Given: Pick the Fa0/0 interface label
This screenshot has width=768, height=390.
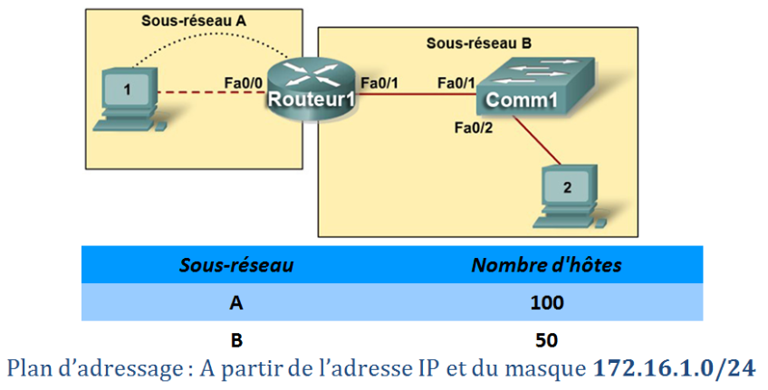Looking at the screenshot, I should (x=244, y=84).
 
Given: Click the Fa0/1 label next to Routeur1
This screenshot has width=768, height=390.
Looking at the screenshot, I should (x=379, y=83).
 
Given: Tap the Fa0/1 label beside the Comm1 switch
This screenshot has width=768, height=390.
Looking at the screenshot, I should (x=456, y=83).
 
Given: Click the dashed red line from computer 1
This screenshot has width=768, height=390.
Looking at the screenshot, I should (x=208, y=92).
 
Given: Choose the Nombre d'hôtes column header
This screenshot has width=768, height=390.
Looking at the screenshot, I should (x=546, y=265).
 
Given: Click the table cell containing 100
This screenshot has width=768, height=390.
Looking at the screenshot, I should (x=546, y=302).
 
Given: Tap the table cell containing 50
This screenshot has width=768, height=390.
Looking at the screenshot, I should (x=546, y=340).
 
